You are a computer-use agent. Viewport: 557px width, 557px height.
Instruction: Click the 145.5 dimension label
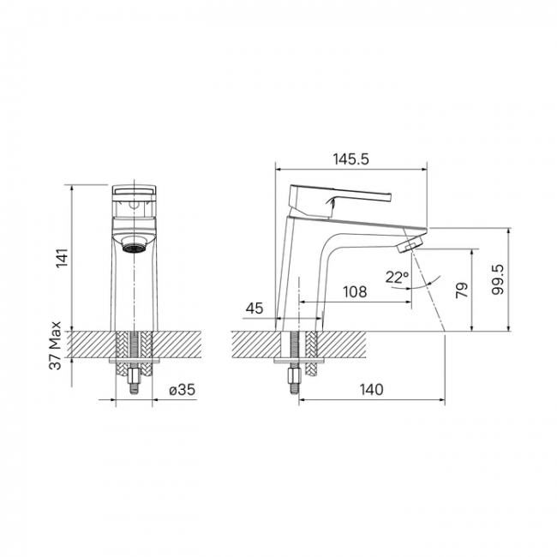click(x=351, y=159)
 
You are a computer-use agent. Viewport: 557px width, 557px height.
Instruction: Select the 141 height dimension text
click(x=63, y=258)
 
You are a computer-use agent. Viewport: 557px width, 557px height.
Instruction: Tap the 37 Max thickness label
click(x=56, y=345)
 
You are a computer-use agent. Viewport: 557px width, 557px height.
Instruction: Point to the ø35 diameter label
click(x=183, y=390)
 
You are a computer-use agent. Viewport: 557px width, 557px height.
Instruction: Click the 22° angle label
click(x=397, y=277)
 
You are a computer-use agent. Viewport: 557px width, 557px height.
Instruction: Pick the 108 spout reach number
click(x=355, y=291)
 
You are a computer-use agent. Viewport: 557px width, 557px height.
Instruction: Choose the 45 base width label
click(x=255, y=308)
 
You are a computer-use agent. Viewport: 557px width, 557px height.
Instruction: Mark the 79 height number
click(x=462, y=290)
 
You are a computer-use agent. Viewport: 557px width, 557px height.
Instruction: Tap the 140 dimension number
click(x=372, y=389)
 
